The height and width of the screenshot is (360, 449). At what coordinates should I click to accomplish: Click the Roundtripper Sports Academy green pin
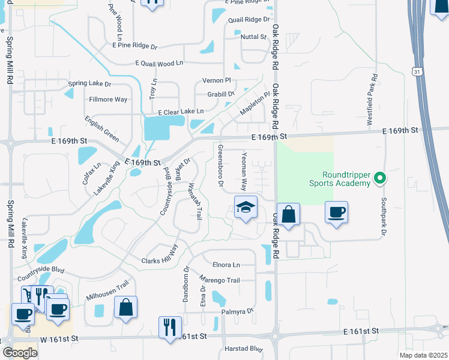click(x=379, y=178)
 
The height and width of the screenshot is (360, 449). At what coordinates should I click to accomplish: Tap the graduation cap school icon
click(x=245, y=207)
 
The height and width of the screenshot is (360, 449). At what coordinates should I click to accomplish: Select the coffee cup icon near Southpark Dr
click(x=336, y=211)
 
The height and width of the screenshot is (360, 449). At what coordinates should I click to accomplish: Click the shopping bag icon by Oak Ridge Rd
click(x=288, y=214)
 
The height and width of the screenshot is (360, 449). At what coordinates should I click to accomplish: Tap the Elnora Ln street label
click(x=226, y=264)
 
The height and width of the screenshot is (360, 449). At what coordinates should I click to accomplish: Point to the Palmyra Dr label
click(x=237, y=311)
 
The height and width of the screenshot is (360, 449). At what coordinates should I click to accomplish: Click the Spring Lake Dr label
click(x=90, y=83)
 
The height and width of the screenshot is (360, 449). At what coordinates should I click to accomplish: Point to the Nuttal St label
click(x=253, y=37)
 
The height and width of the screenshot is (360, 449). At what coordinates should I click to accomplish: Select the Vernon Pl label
click(x=217, y=80)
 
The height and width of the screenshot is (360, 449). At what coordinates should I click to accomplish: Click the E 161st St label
click(x=361, y=331)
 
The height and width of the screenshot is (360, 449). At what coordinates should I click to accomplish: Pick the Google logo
click(x=20, y=353)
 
